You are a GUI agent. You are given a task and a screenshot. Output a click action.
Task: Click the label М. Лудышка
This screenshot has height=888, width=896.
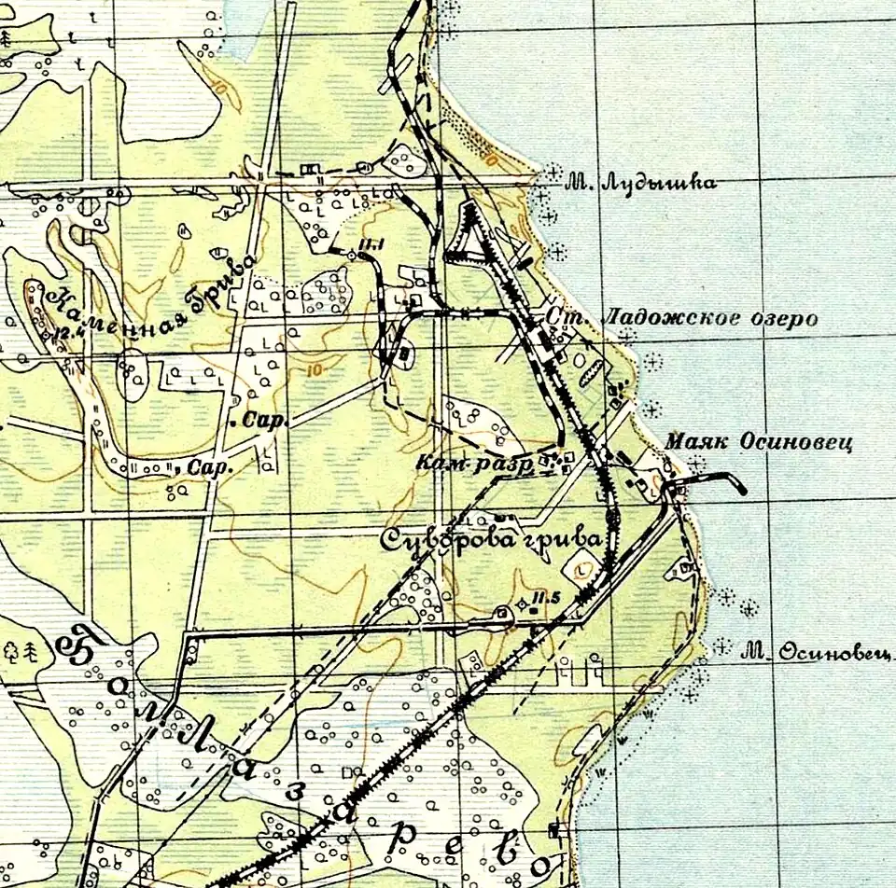tap(640, 183)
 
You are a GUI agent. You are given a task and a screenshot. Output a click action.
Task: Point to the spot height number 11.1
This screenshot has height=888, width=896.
tap(372, 246)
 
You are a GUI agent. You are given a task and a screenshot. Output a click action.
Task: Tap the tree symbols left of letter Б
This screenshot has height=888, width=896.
tap(23, 650)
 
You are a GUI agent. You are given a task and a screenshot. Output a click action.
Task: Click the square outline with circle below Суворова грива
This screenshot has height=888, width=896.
tap(582, 566)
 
